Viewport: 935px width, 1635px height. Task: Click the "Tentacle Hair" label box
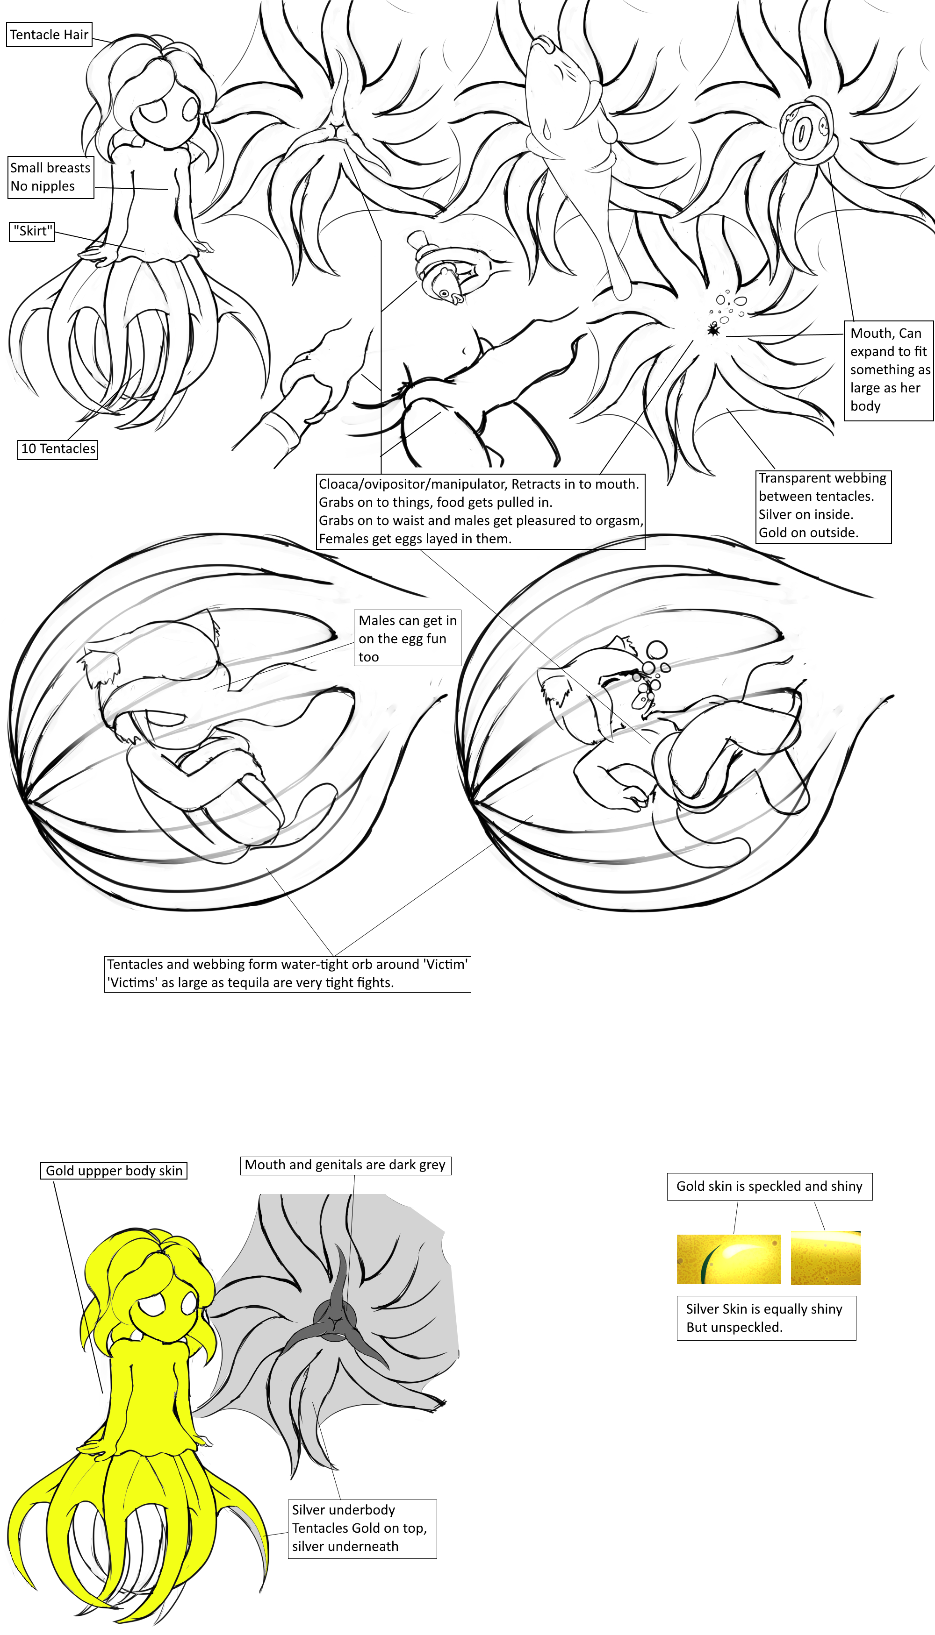pos(49,35)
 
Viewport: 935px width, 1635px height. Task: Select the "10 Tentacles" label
pos(58,448)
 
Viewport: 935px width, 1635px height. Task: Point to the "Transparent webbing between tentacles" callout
pos(823,505)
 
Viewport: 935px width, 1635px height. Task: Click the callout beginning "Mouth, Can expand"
pos(888,370)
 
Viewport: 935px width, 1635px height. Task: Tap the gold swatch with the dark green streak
pos(728,1259)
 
